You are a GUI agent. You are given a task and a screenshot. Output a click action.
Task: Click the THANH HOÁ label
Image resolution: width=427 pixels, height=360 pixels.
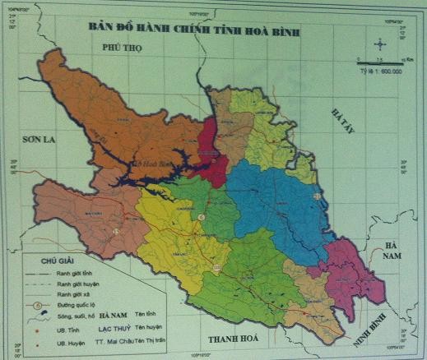[x=234, y=339]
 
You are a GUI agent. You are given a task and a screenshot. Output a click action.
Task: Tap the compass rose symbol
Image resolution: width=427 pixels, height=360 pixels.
[x=379, y=44]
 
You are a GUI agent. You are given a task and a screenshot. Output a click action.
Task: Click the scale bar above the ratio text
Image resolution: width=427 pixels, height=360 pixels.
[x=379, y=59]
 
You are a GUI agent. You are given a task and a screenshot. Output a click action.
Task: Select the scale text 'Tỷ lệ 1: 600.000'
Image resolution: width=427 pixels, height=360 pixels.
[x=379, y=72]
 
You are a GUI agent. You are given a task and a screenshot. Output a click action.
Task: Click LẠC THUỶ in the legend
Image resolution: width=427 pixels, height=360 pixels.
[x=123, y=328]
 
